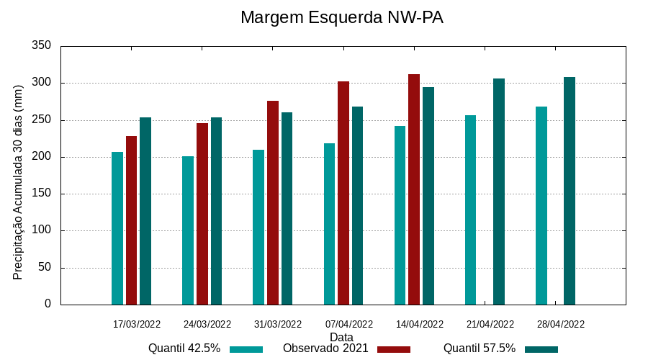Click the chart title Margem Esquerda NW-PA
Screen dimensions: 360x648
[341, 17]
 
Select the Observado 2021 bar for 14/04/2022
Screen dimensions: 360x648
[414, 189]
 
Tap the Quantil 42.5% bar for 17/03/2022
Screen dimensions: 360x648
[117, 228]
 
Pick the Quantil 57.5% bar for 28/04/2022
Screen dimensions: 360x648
[570, 191]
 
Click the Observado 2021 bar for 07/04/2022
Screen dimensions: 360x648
[343, 193]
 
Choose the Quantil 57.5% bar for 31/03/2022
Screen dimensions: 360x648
[287, 208]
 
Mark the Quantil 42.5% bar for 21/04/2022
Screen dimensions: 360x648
[471, 210]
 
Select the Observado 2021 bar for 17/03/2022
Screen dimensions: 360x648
[131, 220]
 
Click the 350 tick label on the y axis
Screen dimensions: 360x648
[42, 46]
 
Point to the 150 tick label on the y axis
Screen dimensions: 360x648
[42, 194]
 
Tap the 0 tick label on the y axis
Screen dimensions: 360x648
[48, 304]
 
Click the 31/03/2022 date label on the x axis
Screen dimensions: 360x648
[278, 324]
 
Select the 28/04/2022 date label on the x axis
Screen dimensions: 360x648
[561, 324]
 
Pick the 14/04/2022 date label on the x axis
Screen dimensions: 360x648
[420, 324]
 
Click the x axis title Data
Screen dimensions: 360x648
[341, 337]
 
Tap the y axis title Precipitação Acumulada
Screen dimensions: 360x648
[19, 181]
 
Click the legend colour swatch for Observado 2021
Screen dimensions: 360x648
[393, 349]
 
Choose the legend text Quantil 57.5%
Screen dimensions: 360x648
[480, 348]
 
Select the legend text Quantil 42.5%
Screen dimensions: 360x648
[184, 348]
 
